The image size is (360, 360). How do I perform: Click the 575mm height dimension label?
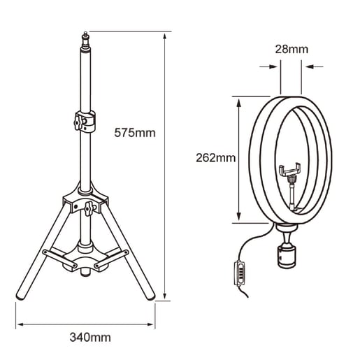click(x=135, y=133)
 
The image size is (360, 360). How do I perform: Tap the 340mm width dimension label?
click(x=90, y=338)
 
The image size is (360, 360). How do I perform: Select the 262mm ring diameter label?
click(x=216, y=158)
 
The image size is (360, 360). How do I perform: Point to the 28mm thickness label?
click(x=291, y=49)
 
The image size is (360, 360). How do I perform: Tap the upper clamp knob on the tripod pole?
click(x=78, y=122)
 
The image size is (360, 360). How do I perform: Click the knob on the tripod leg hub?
click(x=88, y=208)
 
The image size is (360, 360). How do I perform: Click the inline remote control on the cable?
click(x=240, y=273)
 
